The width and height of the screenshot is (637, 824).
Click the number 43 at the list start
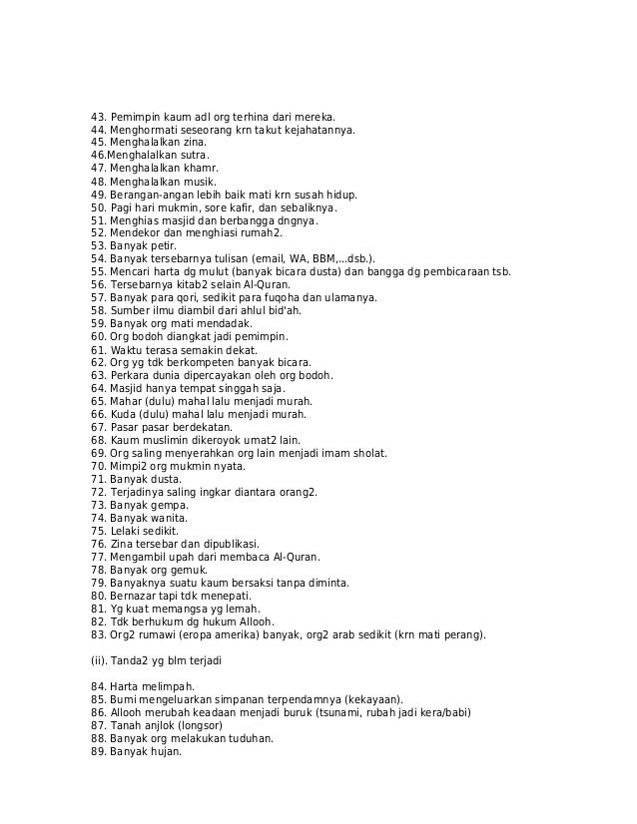pyautogui.click(x=97, y=117)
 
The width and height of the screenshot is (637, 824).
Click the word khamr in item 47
pyautogui.click(x=200, y=169)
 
